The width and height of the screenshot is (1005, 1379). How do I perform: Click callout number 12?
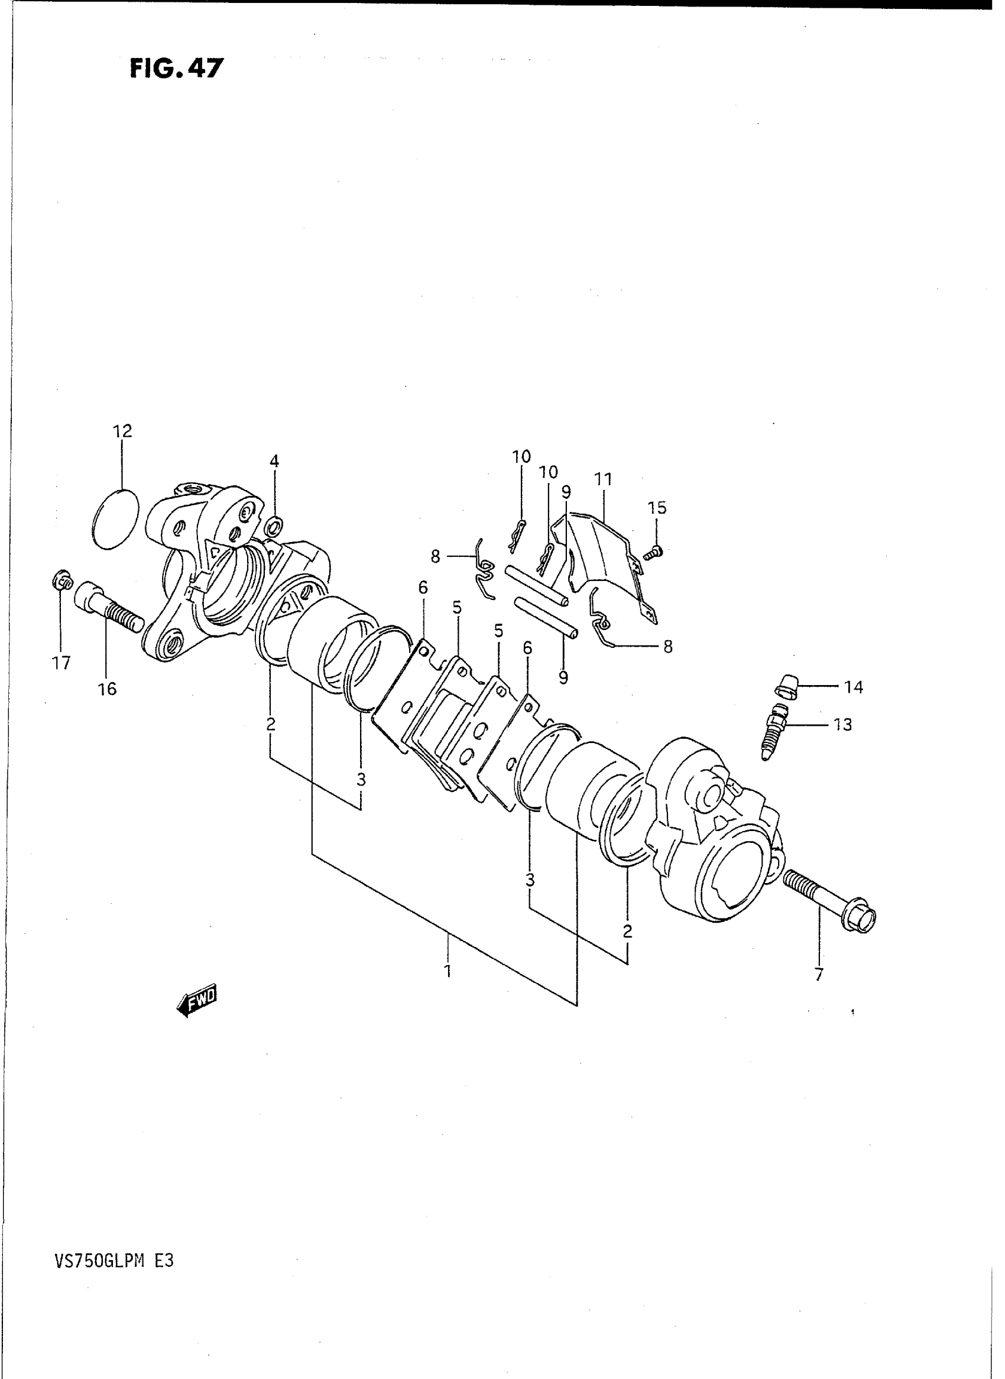(x=122, y=431)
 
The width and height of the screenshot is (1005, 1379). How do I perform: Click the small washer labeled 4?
(x=275, y=523)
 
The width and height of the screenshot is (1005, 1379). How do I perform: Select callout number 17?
(x=61, y=663)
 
